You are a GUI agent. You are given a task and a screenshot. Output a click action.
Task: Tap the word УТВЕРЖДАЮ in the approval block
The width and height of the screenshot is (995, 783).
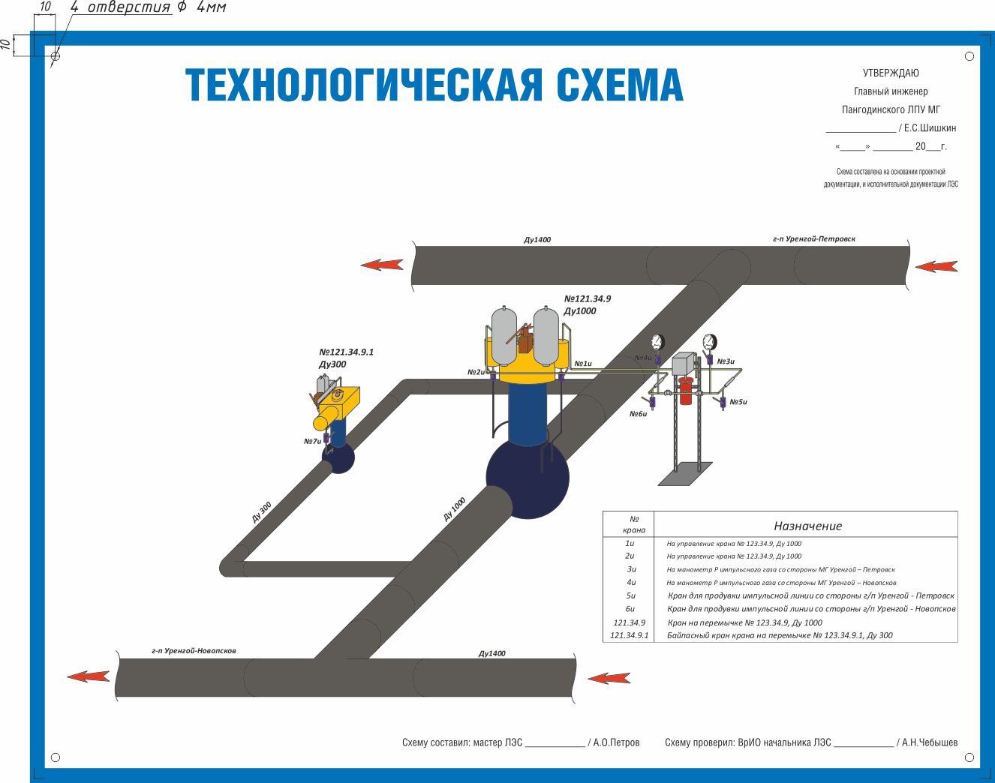click(x=891, y=73)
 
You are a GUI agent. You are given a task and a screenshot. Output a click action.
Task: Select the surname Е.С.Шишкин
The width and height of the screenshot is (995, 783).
click(x=930, y=127)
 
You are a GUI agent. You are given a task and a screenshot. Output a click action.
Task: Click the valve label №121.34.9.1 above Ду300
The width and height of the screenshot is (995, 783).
click(x=346, y=352)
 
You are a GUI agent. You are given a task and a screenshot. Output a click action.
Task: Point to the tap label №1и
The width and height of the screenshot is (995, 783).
click(x=583, y=364)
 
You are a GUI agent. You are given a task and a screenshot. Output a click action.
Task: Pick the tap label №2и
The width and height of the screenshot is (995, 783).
click(x=476, y=372)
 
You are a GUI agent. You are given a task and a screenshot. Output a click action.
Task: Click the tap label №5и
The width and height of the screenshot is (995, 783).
click(x=738, y=402)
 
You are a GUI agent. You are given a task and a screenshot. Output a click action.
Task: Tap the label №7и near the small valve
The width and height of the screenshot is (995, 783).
click(x=312, y=441)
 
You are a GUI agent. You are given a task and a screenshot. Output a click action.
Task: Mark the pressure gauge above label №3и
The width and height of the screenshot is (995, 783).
click(x=709, y=342)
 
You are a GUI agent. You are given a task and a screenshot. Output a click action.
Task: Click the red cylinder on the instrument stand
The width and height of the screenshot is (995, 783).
click(x=685, y=391)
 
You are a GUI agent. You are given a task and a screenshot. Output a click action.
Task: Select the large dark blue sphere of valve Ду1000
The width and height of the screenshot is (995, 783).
click(x=528, y=478)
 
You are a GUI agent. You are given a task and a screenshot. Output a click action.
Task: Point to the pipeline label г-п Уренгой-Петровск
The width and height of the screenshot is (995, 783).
click(x=813, y=239)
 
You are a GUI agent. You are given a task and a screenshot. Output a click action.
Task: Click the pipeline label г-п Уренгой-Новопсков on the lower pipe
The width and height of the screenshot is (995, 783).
click(x=194, y=650)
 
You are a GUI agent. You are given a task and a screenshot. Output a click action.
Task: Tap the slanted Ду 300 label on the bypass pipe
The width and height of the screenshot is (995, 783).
click(x=262, y=512)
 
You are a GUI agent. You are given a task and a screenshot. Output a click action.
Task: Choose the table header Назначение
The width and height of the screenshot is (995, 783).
click(x=807, y=526)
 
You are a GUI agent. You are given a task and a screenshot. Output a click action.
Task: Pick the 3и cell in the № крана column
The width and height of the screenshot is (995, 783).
click(x=631, y=569)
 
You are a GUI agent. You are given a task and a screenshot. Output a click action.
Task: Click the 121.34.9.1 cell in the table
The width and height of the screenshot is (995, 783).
click(x=629, y=635)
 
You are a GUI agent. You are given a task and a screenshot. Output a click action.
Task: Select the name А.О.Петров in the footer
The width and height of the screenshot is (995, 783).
click(x=616, y=742)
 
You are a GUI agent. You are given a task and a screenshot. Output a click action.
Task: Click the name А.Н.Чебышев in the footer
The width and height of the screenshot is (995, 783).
click(x=929, y=742)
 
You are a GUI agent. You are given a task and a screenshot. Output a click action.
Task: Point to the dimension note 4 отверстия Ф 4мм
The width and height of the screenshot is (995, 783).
click(x=148, y=8)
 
